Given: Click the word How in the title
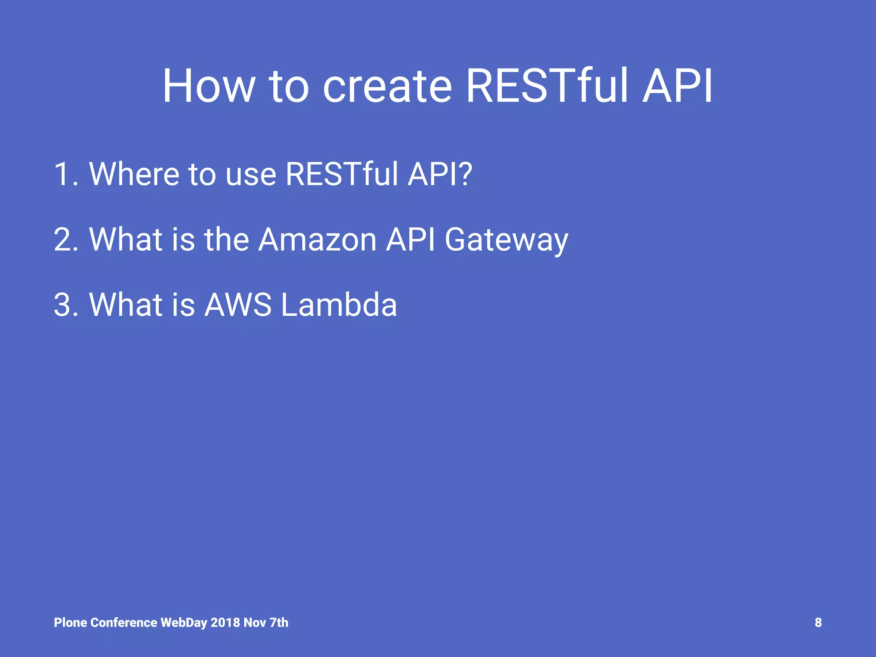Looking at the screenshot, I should pos(209,86).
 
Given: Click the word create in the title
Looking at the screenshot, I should pos(387,86).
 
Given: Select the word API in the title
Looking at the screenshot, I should pos(678,86).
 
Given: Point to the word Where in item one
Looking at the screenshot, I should pos(134,174).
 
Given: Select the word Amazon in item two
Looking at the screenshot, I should pos(317,240).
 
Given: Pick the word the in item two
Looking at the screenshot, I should pos(226,240).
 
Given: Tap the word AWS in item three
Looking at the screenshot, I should pos(238,305).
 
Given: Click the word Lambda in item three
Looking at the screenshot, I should pos(339,305).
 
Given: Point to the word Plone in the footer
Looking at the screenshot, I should pos(71,623).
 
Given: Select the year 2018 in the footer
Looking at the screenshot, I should pos(225,623).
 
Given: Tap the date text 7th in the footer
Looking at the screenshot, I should pos(278,623).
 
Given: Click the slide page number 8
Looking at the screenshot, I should pos(818,623).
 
